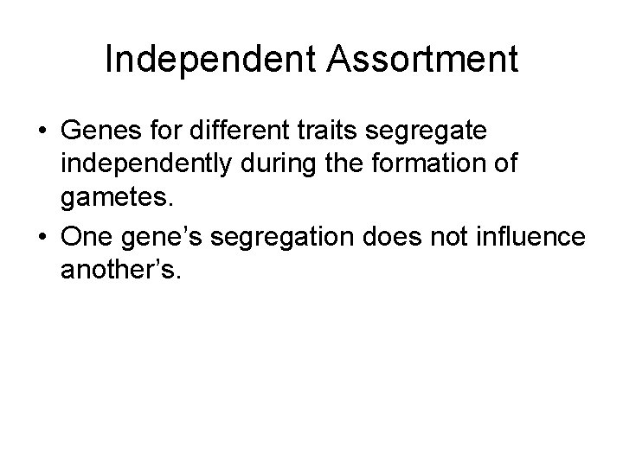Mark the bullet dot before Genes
[42, 135]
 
